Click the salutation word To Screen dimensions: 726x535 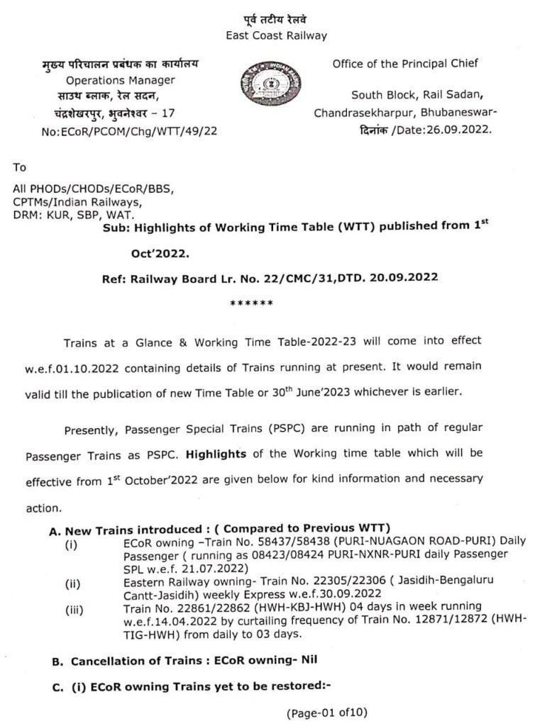(20, 168)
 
